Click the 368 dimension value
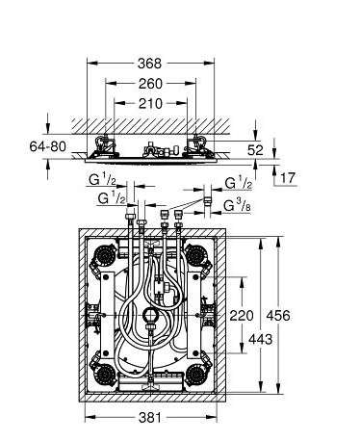coord(149,64)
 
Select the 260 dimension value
coord(150,84)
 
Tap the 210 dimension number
coord(150,104)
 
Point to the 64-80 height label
coord(47,146)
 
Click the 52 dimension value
coord(255,150)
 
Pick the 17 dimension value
coord(288,177)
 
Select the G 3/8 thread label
coord(238,206)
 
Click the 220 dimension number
coord(242,316)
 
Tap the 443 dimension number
coord(260,339)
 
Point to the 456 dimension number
coord(278,316)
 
